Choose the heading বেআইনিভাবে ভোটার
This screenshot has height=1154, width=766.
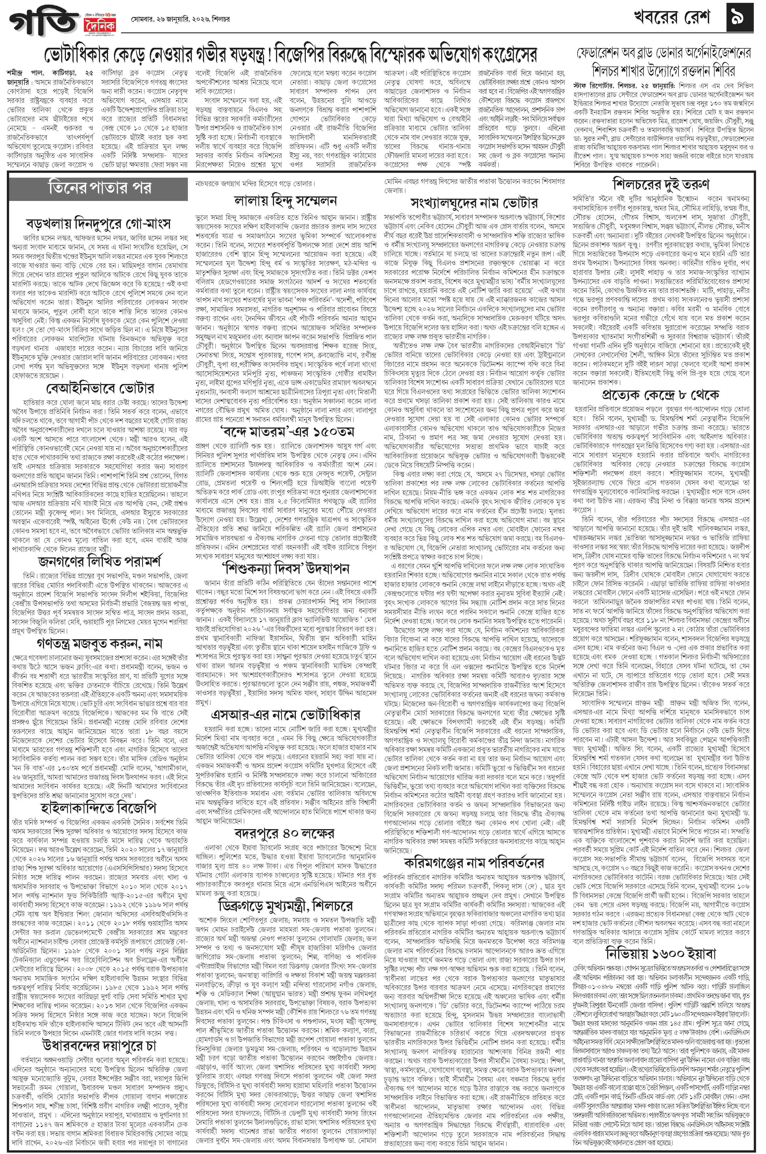[x=100, y=389]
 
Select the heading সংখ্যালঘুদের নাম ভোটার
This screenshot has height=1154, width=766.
[x=474, y=203]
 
